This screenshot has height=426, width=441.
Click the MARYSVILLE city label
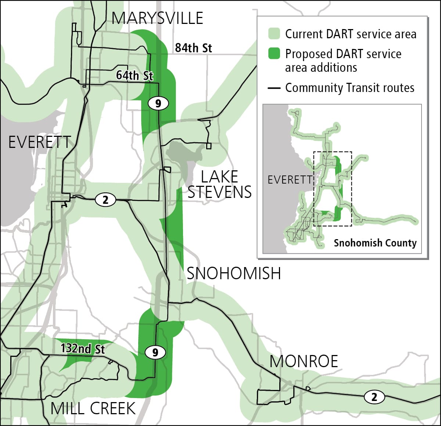coord(157,18)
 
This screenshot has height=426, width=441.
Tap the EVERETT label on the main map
coord(40,142)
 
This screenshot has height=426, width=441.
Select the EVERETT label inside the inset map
coord(290,180)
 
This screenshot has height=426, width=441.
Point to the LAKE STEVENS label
coord(220,184)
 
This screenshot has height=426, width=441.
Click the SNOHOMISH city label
coord(234,274)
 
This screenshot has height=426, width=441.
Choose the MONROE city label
coord(304,362)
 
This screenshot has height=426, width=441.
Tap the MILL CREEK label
coord(93,409)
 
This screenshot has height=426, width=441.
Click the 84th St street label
coord(193,48)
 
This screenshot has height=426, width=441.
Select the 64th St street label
coord(135,75)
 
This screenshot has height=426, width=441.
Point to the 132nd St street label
coord(83,348)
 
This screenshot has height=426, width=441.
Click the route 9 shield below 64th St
coord(158,103)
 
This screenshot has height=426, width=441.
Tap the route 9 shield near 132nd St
coord(155,352)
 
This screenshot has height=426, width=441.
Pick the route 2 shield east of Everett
coord(105,200)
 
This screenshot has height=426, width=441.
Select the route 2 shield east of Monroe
coord(374,397)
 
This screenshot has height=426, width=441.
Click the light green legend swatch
coord(274,34)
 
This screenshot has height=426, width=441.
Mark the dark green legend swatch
coord(274,54)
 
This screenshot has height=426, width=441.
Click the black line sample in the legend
coord(274,88)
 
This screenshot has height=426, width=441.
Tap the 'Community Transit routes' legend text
coord(349,88)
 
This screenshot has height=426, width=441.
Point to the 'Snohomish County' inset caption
coord(375,243)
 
